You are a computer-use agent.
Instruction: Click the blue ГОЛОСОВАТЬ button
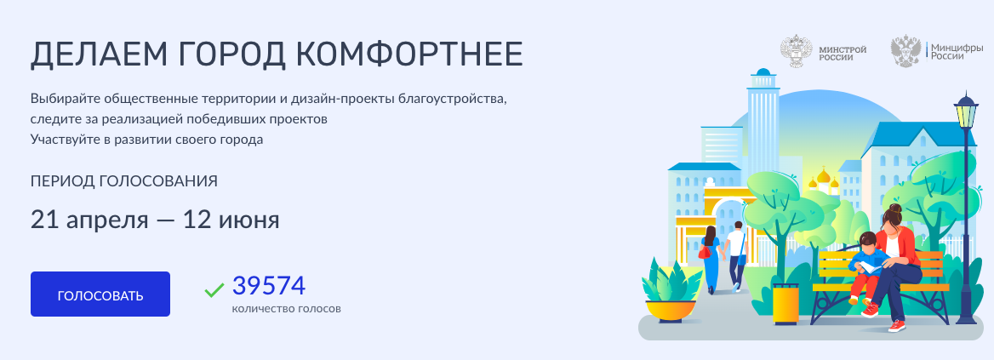tap(100, 294)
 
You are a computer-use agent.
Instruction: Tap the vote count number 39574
tap(269, 286)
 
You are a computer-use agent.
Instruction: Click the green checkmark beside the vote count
tap(214, 289)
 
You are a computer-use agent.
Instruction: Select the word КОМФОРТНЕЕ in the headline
tap(408, 55)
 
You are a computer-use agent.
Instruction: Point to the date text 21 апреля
tap(89, 220)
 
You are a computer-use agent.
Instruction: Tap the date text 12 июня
tap(231, 220)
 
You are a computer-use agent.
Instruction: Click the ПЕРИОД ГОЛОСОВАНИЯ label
tap(124, 181)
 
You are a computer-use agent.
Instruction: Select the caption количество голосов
tap(287, 309)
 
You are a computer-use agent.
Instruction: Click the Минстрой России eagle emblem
tap(796, 51)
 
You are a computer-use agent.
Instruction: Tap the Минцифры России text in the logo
tap(957, 51)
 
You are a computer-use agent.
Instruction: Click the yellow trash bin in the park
tap(785, 304)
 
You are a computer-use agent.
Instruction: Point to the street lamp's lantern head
tap(966, 113)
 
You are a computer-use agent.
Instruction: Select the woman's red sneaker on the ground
tap(897, 325)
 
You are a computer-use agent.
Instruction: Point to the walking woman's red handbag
tap(705, 251)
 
